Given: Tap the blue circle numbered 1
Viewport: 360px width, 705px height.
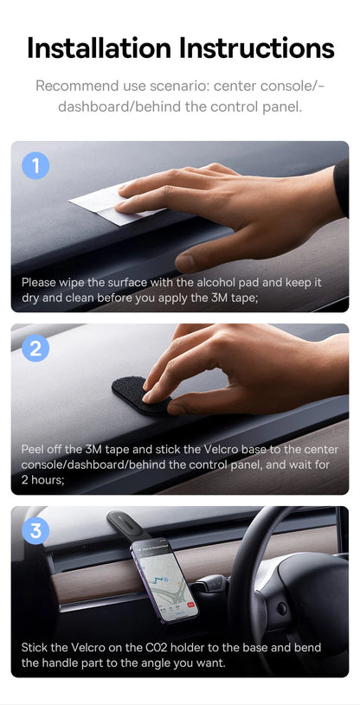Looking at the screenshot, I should coord(35,165).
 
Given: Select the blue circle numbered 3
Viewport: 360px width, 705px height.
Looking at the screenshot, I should coord(35,530).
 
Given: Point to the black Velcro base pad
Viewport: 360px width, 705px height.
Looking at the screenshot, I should coord(138,394).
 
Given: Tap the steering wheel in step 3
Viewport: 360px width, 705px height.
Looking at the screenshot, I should coord(277,597).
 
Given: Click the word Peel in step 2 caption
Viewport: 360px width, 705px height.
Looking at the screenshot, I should coord(35,449).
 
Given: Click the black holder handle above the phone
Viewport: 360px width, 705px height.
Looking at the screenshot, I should coord(130,526).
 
